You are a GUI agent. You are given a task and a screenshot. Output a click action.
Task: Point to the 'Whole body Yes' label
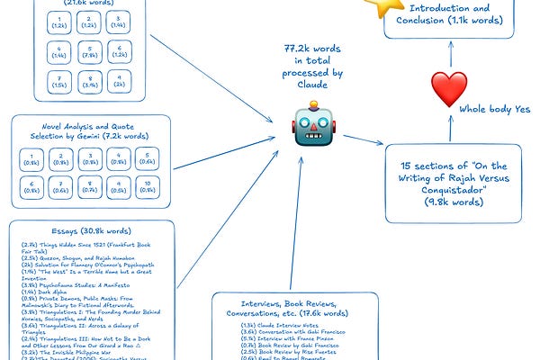[495, 110]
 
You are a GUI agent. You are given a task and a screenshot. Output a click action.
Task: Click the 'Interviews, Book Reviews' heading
[289, 307]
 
